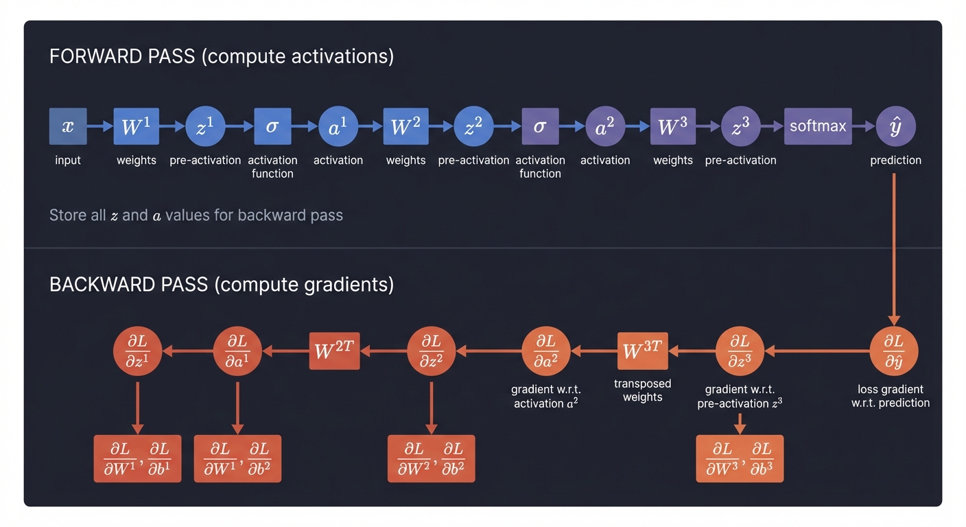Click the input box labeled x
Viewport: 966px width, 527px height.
click(x=68, y=126)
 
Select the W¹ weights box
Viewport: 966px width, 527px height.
click(x=136, y=126)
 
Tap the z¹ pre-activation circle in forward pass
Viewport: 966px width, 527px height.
click(x=205, y=126)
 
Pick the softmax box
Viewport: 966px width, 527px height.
click(x=818, y=126)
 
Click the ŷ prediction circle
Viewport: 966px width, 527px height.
click(x=895, y=126)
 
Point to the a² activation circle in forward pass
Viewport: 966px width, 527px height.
click(x=605, y=126)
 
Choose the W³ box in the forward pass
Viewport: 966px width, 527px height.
click(x=672, y=126)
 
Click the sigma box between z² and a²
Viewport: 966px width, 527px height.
click(x=540, y=126)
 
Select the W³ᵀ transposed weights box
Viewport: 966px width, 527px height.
click(x=643, y=351)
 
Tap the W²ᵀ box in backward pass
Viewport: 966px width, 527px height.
click(x=334, y=351)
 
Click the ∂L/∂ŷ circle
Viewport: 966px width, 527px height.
click(x=894, y=351)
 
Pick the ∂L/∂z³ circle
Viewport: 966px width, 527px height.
click(x=740, y=351)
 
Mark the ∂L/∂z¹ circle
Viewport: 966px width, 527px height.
click(x=137, y=351)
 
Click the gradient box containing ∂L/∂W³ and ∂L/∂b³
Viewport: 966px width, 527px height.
click(x=740, y=458)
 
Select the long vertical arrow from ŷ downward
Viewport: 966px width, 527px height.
click(x=894, y=247)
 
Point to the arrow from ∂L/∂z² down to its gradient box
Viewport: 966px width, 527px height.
click(x=431, y=406)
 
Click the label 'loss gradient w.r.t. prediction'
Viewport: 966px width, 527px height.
click(x=891, y=396)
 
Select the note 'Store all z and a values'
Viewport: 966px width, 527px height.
click(x=196, y=215)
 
